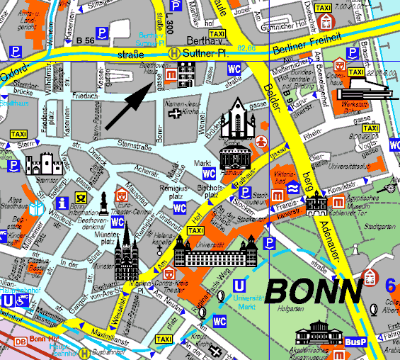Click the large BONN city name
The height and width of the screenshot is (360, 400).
pyautogui.click(x=314, y=289)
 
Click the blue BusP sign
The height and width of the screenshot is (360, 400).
pyautogui.click(x=353, y=342)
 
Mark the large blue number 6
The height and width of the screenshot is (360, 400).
pyautogui.click(x=391, y=286)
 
